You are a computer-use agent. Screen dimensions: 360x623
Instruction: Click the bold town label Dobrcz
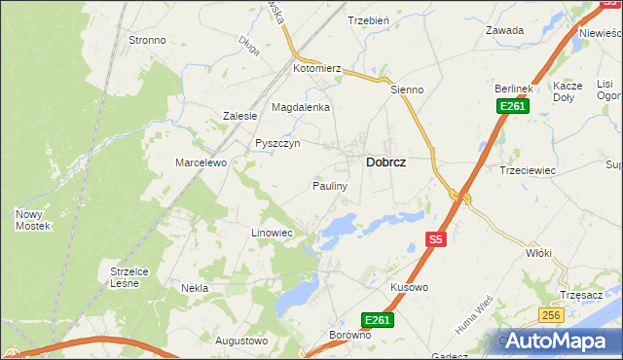385,164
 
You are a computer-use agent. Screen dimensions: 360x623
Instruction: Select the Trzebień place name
368,20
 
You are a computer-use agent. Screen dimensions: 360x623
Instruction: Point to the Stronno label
147,41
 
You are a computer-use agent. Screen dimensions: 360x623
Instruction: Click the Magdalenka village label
301,107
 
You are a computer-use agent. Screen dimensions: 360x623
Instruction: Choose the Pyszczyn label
276,143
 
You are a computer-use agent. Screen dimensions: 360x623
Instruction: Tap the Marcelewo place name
201,162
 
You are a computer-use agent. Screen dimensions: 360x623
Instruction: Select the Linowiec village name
272,234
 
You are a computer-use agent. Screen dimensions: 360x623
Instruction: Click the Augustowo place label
240,341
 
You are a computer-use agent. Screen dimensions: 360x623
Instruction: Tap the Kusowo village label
409,288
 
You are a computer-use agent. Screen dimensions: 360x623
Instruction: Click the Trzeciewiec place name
527,169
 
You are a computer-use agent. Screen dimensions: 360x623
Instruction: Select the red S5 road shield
436,238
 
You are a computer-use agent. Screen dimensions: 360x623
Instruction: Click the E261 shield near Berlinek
512,106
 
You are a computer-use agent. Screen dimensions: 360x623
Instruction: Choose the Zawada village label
505,30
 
